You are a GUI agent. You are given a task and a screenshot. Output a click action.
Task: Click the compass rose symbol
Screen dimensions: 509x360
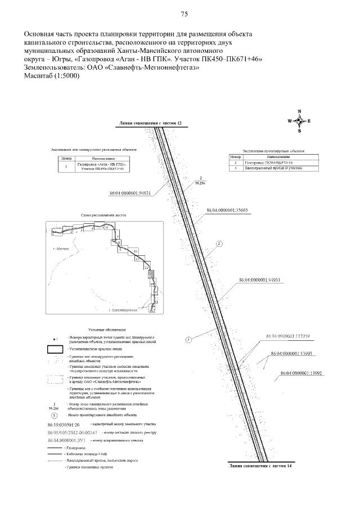[299, 121]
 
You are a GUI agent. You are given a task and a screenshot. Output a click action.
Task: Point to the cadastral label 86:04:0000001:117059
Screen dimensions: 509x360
[289, 336]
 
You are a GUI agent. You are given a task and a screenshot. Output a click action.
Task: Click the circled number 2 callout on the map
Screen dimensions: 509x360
[219, 244]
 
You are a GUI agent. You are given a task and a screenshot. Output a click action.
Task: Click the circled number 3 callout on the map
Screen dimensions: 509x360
[189, 339]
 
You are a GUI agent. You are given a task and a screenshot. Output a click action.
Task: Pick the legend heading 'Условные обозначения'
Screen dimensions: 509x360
[107, 328]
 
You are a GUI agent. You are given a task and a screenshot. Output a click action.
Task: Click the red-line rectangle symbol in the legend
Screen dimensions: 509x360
[54, 349]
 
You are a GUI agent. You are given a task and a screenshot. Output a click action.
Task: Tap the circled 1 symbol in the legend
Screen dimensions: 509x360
[54, 415]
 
